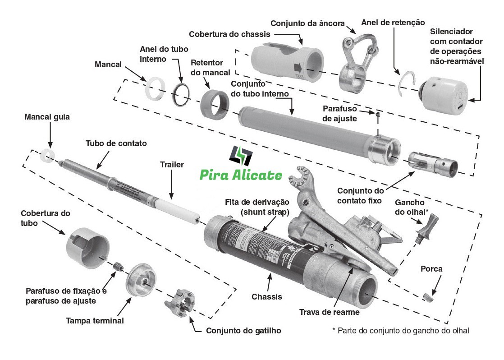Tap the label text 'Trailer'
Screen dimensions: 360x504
click(172, 165)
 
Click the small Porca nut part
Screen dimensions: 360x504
click(428, 296)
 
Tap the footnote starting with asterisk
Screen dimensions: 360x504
click(400, 331)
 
